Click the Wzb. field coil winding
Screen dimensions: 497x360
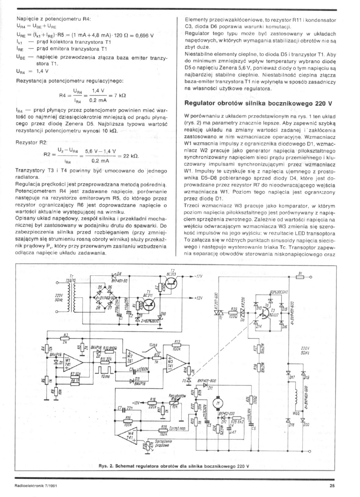(291, 398)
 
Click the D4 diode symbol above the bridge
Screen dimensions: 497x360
(114, 277)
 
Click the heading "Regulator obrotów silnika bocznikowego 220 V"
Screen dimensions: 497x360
(258, 103)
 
